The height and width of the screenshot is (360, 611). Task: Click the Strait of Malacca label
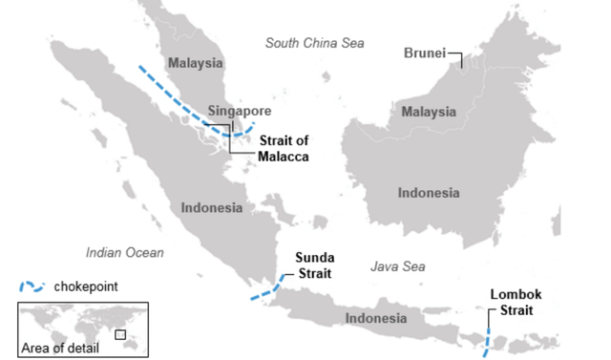[x=284, y=148]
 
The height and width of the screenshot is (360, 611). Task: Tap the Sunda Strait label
[x=313, y=265]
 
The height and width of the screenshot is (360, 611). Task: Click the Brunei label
[x=424, y=53]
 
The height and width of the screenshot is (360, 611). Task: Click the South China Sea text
[x=314, y=43]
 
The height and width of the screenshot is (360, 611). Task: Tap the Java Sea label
[x=397, y=268]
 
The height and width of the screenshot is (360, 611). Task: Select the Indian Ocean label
[x=124, y=253]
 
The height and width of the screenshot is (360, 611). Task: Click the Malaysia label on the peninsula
[x=195, y=64]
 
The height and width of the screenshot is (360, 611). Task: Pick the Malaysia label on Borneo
[x=429, y=112]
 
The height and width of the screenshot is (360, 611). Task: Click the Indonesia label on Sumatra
[x=211, y=206]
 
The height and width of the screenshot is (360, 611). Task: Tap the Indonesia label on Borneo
[x=429, y=193]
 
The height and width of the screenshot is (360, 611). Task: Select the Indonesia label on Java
[x=376, y=318]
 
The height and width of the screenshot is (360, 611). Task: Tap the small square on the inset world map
[x=120, y=334]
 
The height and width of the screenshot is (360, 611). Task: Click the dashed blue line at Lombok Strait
[x=488, y=342]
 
